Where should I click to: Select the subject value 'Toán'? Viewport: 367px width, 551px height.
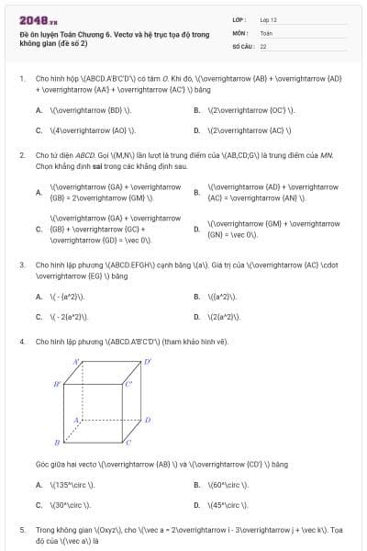click(x=266, y=32)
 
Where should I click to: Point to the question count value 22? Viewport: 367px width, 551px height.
click(x=263, y=45)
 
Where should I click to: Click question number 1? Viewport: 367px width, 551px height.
click(x=22, y=79)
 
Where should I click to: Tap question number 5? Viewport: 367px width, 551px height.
click(x=22, y=530)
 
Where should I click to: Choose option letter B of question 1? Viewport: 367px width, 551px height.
click(x=196, y=110)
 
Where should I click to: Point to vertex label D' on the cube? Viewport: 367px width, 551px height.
click(x=148, y=363)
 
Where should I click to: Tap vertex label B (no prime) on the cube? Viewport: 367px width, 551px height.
click(x=57, y=443)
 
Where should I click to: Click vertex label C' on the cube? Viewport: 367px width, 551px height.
click(x=128, y=382)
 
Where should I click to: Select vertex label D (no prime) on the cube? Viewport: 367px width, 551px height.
click(x=148, y=420)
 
